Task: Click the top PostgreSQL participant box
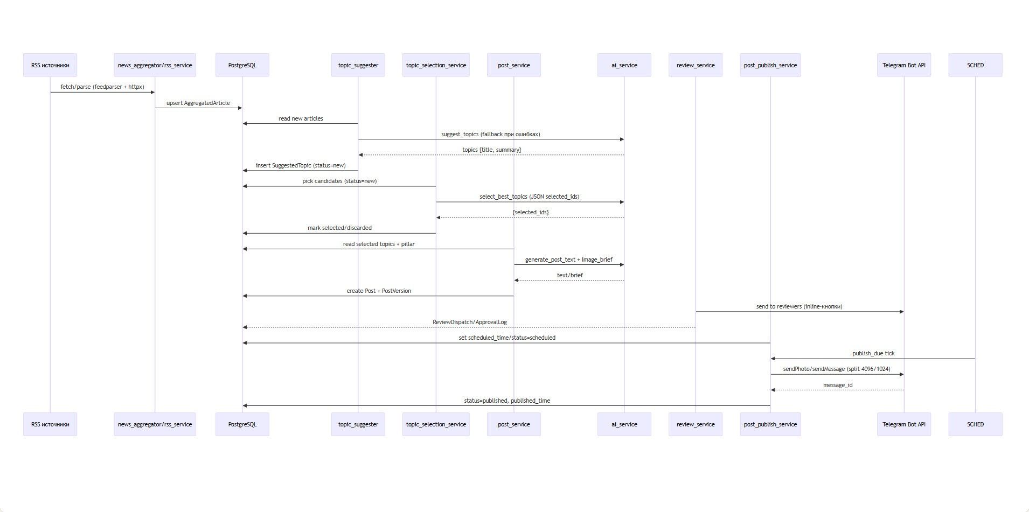pos(242,65)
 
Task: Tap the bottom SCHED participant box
pos(975,424)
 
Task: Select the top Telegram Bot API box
pos(903,65)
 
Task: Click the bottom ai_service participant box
pos(624,424)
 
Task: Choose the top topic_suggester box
pos(358,65)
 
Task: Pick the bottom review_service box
pos(695,424)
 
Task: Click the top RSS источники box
pos(50,65)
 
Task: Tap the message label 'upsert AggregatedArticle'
pos(198,103)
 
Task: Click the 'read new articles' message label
pos(301,118)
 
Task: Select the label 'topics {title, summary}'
pos(491,150)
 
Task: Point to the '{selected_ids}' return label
pos(531,212)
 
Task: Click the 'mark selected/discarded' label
pos(339,228)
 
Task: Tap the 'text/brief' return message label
pos(569,275)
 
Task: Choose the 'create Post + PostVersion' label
pos(379,291)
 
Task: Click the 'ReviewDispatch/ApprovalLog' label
pos(469,322)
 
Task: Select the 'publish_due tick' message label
pos(873,353)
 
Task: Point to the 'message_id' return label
pos(838,385)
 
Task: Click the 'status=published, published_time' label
pos(507,401)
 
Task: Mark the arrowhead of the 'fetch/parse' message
pos(152,92)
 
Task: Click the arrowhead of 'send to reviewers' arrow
pos(901,311)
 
